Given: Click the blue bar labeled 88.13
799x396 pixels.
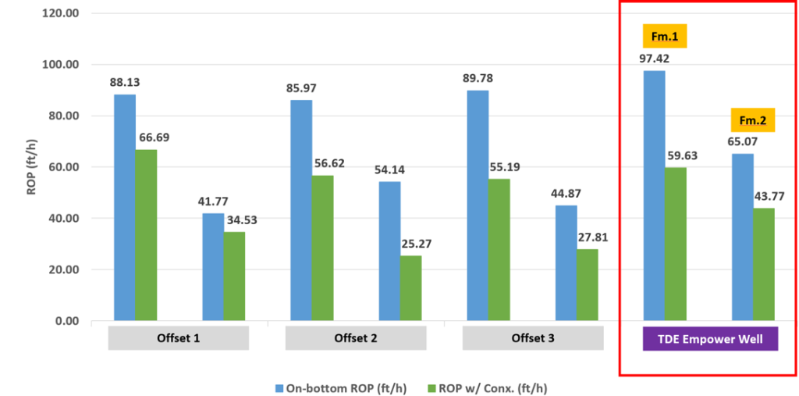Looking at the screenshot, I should click(x=125, y=207).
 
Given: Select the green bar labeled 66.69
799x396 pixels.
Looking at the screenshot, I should click(x=146, y=234).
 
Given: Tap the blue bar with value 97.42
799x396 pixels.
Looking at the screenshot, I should click(x=654, y=195).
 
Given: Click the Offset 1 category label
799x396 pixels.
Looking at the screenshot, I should click(x=178, y=338).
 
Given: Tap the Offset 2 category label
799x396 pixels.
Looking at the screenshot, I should click(x=355, y=338).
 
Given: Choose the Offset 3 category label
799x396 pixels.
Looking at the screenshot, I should click(x=532, y=338).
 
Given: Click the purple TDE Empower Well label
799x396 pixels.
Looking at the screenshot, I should click(x=710, y=338).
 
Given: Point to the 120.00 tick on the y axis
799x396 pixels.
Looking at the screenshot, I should click(x=61, y=13).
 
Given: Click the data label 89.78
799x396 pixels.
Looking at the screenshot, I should click(x=478, y=78).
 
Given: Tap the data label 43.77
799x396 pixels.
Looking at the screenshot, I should click(x=764, y=195).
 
